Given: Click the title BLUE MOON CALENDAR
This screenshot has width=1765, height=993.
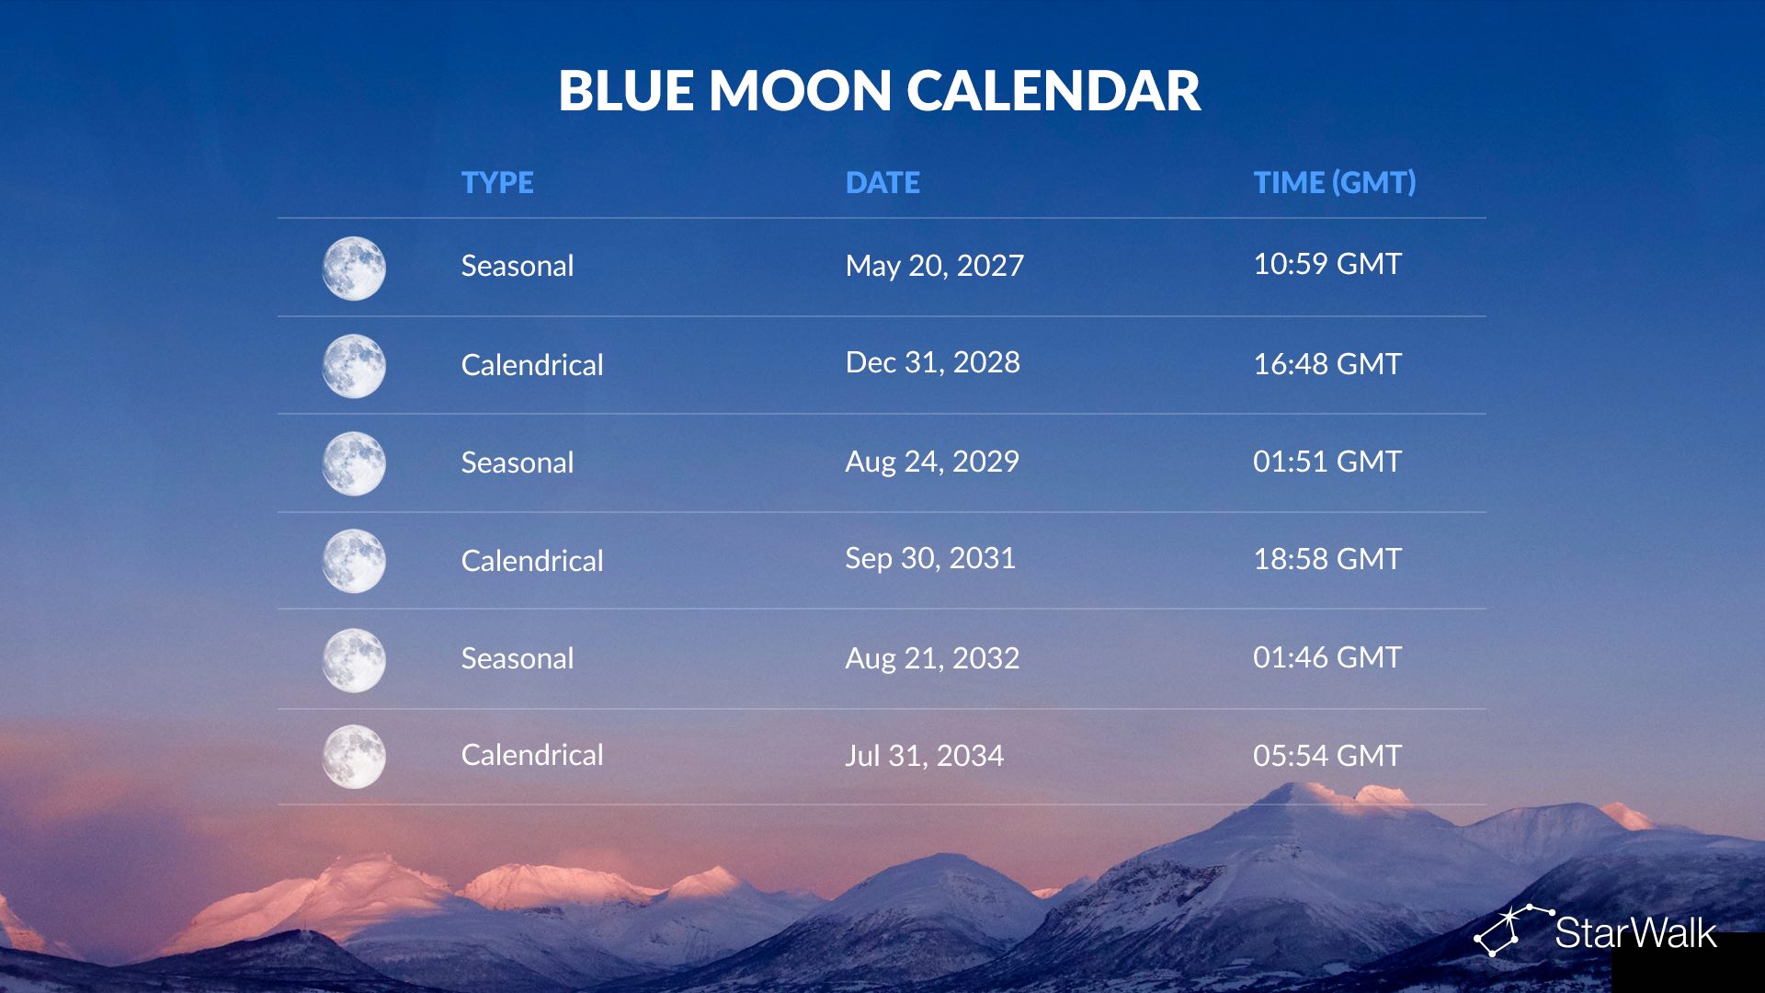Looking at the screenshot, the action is pyautogui.click(x=879, y=91).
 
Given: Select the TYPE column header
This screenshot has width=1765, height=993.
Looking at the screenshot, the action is pyautogui.click(x=497, y=182).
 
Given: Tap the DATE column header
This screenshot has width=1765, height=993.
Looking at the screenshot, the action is pyautogui.click(x=882, y=182).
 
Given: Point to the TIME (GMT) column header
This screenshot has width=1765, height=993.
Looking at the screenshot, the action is pyautogui.click(x=1335, y=182).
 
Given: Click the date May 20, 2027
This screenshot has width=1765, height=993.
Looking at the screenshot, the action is pyautogui.click(x=934, y=266).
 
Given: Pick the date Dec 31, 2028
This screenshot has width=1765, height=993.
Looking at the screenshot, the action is pyautogui.click(x=932, y=362).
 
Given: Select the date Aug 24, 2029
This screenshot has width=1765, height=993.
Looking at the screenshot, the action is pyautogui.click(x=932, y=462).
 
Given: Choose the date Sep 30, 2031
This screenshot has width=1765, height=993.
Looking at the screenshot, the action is pyautogui.click(x=930, y=558).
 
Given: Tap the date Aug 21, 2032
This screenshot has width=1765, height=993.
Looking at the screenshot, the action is pyautogui.click(x=932, y=658).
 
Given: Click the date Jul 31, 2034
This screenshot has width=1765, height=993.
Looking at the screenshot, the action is pyautogui.click(x=925, y=756).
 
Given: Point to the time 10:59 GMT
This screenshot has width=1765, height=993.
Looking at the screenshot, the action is pyautogui.click(x=1327, y=264).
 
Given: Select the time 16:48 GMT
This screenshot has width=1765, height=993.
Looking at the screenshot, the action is pyautogui.click(x=1327, y=364).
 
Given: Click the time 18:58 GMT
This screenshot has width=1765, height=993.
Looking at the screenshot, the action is pyautogui.click(x=1327, y=559).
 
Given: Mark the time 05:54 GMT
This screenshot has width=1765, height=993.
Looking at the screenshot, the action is pyautogui.click(x=1327, y=756).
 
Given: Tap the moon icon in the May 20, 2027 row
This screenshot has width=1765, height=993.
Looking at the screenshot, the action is pyautogui.click(x=354, y=268).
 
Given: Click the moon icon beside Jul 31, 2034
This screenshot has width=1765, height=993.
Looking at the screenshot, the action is pyautogui.click(x=354, y=757).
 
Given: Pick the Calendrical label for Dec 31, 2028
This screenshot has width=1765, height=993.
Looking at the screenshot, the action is pyautogui.click(x=532, y=365).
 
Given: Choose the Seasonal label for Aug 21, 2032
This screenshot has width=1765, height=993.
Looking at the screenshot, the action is pyautogui.click(x=518, y=658).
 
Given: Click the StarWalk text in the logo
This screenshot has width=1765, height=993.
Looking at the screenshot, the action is pyautogui.click(x=1635, y=933).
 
